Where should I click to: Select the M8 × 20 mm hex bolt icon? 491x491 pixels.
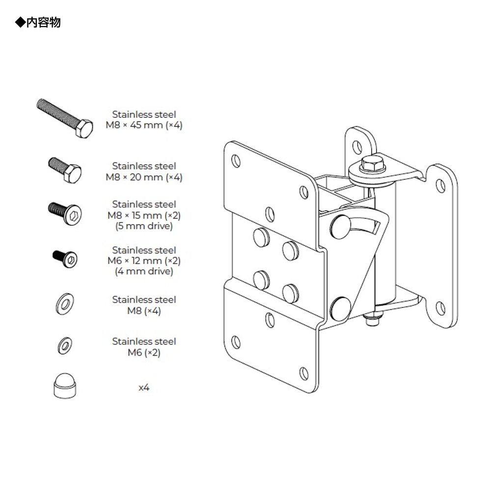(x=64, y=170)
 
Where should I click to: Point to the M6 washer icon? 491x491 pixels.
(x=64, y=345)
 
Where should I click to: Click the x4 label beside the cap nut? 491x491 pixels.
(x=144, y=387)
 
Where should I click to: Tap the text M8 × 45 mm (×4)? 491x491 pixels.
(x=144, y=125)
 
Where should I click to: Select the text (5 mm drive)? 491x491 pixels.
(x=144, y=226)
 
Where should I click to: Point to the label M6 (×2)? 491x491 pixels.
(x=144, y=353)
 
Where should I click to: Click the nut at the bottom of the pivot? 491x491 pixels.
(x=371, y=320)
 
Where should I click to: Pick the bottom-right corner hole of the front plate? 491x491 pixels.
(x=303, y=371)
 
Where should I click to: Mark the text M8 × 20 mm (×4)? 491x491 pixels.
(x=144, y=177)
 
